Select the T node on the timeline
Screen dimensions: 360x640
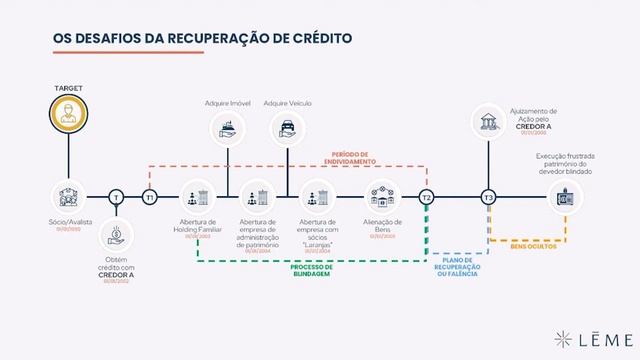click(116, 197)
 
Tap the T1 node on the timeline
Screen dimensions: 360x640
click(149, 197)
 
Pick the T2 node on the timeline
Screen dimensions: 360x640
click(427, 197)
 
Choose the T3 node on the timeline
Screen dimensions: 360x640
click(489, 197)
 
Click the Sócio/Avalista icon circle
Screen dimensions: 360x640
click(69, 197)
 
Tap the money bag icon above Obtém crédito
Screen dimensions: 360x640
click(116, 237)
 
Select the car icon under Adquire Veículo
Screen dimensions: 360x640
click(288, 129)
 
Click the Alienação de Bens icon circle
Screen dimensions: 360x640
click(382, 197)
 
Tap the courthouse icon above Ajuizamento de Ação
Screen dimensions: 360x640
click(489, 123)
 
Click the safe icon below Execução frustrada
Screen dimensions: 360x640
click(562, 197)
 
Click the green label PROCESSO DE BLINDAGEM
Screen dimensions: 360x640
click(312, 271)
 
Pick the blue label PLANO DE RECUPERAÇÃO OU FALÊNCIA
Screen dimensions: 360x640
click(458, 269)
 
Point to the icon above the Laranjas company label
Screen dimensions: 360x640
click(320, 197)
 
